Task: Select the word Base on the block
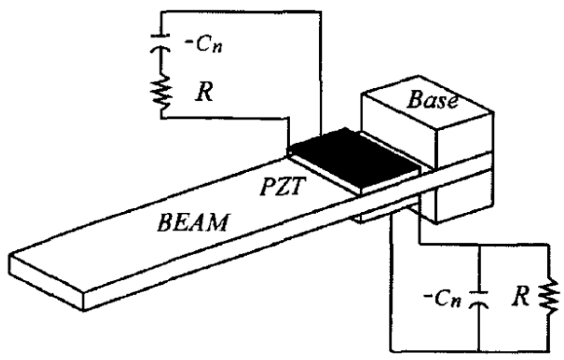tap(433, 100)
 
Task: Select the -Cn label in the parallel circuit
tap(443, 299)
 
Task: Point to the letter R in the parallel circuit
tap(521, 297)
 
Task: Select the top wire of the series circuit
tap(240, 12)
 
